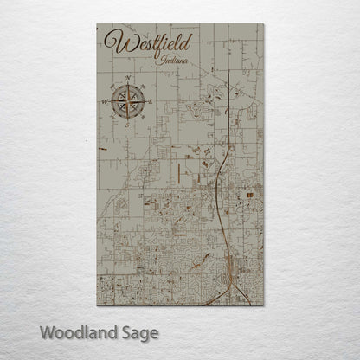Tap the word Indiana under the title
pos(173,61)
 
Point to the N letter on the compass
pos(128,79)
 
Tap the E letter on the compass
pos(151,101)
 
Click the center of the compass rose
pos(128,101)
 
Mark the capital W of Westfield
pos(112,42)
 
